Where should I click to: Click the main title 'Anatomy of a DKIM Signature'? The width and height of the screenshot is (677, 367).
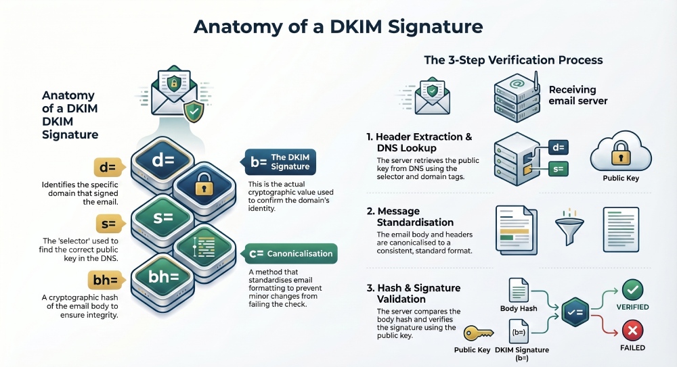pyautogui.click(x=338, y=26)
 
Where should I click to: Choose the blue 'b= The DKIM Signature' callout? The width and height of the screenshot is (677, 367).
pyautogui.click(x=279, y=162)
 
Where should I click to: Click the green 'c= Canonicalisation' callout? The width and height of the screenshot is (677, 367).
pyautogui.click(x=290, y=253)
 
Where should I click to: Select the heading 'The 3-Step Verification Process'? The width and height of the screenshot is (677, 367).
pyautogui.click(x=513, y=60)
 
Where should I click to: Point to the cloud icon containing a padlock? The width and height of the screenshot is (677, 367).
pyautogui.click(x=621, y=155)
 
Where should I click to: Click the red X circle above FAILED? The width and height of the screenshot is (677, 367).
pyautogui.click(x=632, y=331)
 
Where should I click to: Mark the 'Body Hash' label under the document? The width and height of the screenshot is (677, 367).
pyautogui.click(x=519, y=308)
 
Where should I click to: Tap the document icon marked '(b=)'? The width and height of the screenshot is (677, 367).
pyautogui.click(x=519, y=332)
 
